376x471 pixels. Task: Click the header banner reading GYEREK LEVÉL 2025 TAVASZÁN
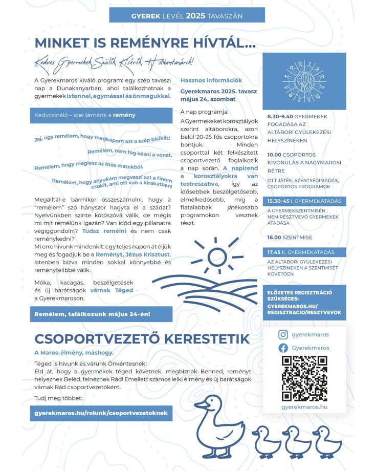[x=187, y=16]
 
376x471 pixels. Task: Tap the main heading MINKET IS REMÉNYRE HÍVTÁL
[x=145, y=44]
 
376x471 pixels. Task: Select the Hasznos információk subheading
[x=204, y=81]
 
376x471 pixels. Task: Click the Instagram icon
[x=283, y=334]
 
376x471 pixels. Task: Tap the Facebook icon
[x=283, y=348]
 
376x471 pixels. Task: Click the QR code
[x=304, y=378]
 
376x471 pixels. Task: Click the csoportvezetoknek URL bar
[x=101, y=412]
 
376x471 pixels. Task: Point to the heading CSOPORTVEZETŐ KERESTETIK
[x=142, y=338]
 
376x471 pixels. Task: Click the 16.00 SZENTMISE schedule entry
[x=290, y=238]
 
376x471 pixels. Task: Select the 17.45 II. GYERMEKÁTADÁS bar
[x=304, y=252]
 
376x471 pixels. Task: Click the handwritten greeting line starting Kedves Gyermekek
[x=114, y=62]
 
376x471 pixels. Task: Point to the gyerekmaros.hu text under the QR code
[x=304, y=406]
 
